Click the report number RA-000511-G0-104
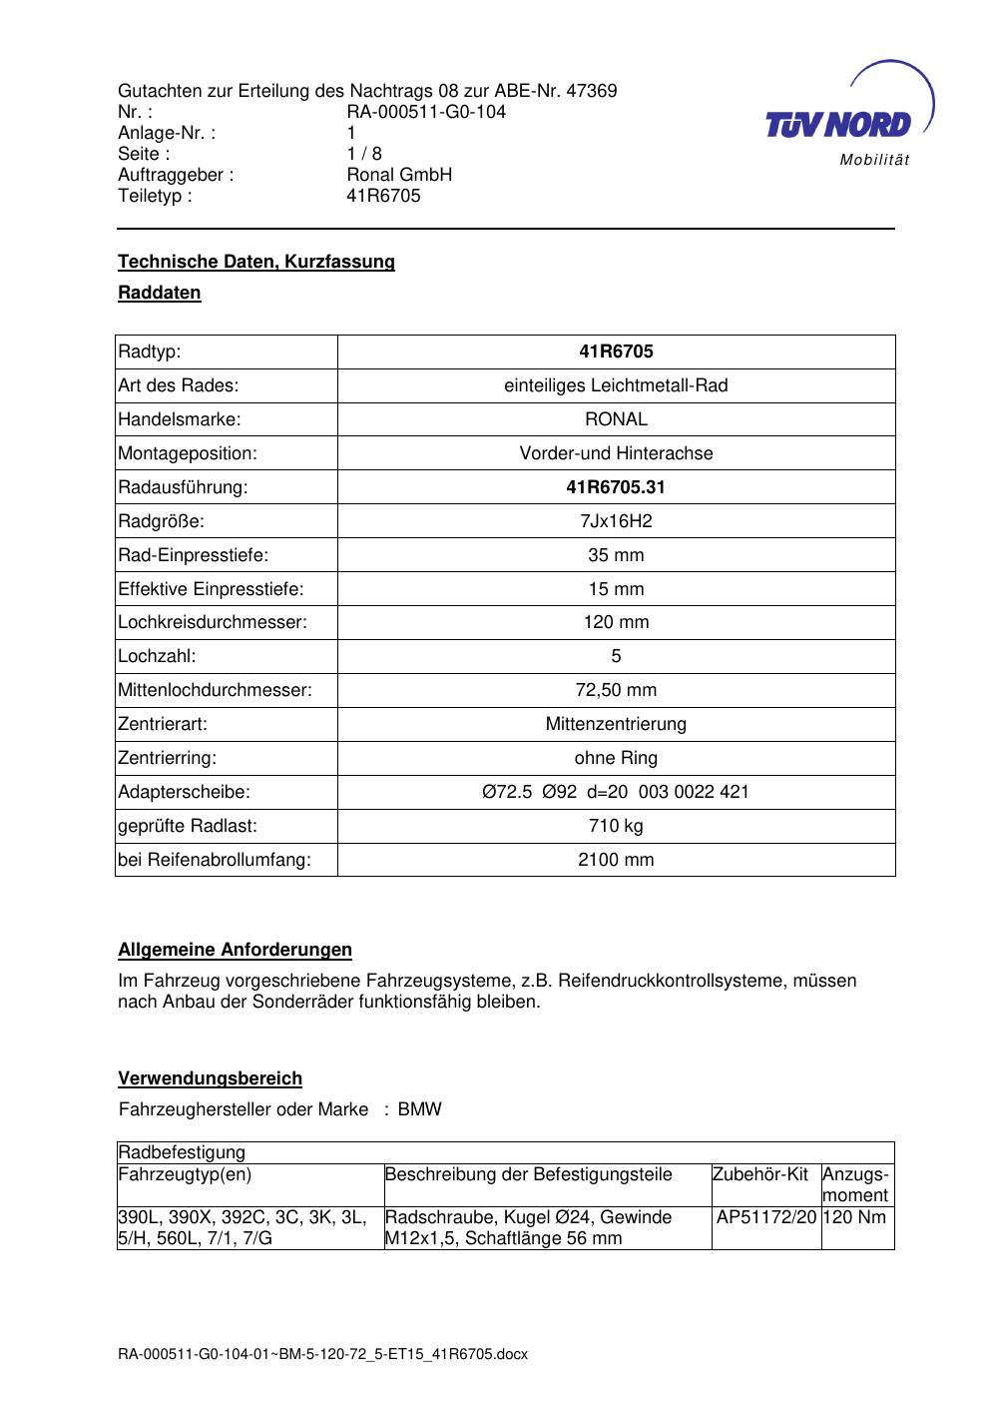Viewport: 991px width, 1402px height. [426, 112]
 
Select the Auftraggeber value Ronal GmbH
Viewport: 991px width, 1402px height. [399, 175]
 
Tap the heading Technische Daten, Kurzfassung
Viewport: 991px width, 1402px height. [256, 262]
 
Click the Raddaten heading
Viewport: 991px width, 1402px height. [160, 293]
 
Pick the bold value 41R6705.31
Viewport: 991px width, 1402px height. [616, 487]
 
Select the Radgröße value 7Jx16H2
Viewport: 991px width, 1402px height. [616, 521]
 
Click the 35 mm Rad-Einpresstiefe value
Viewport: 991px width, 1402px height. [616, 555]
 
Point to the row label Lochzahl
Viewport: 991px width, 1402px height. [157, 656]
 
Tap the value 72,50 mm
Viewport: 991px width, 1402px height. [616, 690]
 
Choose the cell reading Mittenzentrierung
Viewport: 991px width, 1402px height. [616, 724]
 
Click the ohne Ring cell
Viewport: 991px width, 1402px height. [616, 758]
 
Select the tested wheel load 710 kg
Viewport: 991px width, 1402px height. [616, 826]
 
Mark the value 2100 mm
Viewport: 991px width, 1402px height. [616, 860]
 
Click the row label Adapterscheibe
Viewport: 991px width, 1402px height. [184, 792]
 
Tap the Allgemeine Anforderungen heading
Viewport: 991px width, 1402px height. [235, 950]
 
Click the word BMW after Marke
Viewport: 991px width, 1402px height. [419, 1109]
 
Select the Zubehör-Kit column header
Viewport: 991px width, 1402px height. [760, 1174]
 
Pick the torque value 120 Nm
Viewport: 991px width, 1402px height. [856, 1217]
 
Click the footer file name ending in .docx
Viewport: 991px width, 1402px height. [322, 1355]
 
